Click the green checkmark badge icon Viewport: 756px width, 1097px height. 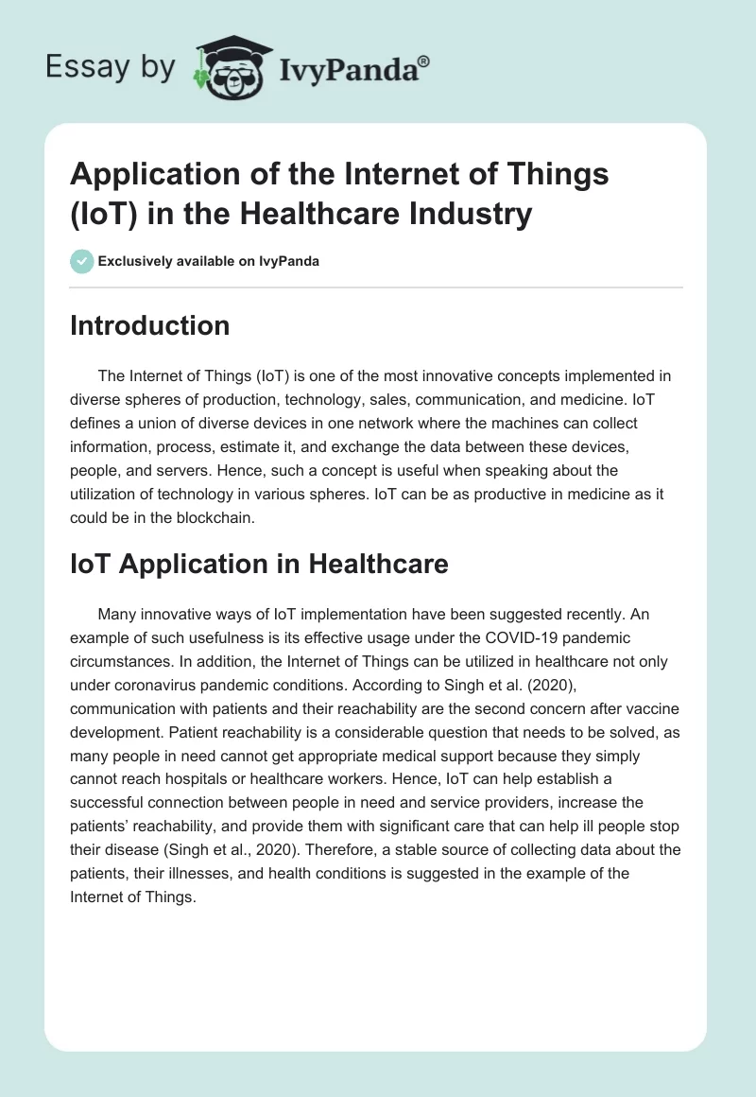(x=82, y=261)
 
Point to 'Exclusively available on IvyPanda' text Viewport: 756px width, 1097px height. (x=209, y=261)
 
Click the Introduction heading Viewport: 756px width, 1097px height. (x=149, y=325)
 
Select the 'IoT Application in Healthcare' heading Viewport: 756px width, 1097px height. (x=259, y=565)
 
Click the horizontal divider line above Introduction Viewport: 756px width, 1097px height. (x=376, y=287)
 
